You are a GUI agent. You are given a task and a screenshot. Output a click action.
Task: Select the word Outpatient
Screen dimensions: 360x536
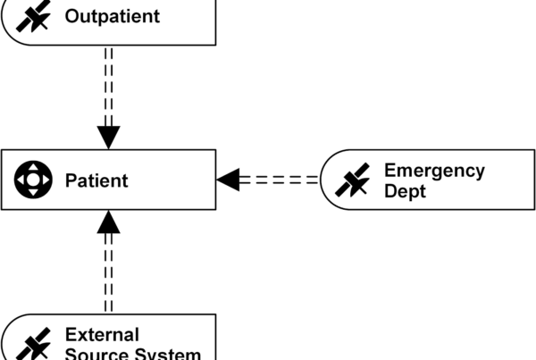tap(113, 16)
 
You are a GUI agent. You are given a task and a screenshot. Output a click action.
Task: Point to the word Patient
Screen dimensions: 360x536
tap(96, 180)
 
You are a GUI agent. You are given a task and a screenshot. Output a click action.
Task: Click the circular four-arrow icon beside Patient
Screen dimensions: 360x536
tap(33, 180)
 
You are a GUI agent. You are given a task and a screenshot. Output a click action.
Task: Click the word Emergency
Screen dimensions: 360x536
tap(434, 170)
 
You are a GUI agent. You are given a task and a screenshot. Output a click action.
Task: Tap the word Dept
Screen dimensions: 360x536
tap(404, 190)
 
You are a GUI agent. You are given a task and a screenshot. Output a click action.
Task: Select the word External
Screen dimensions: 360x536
tap(102, 335)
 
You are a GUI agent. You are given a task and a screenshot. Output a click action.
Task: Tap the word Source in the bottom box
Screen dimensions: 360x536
tap(96, 354)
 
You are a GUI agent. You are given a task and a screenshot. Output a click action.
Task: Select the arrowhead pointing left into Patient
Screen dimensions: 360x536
tap(229, 180)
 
